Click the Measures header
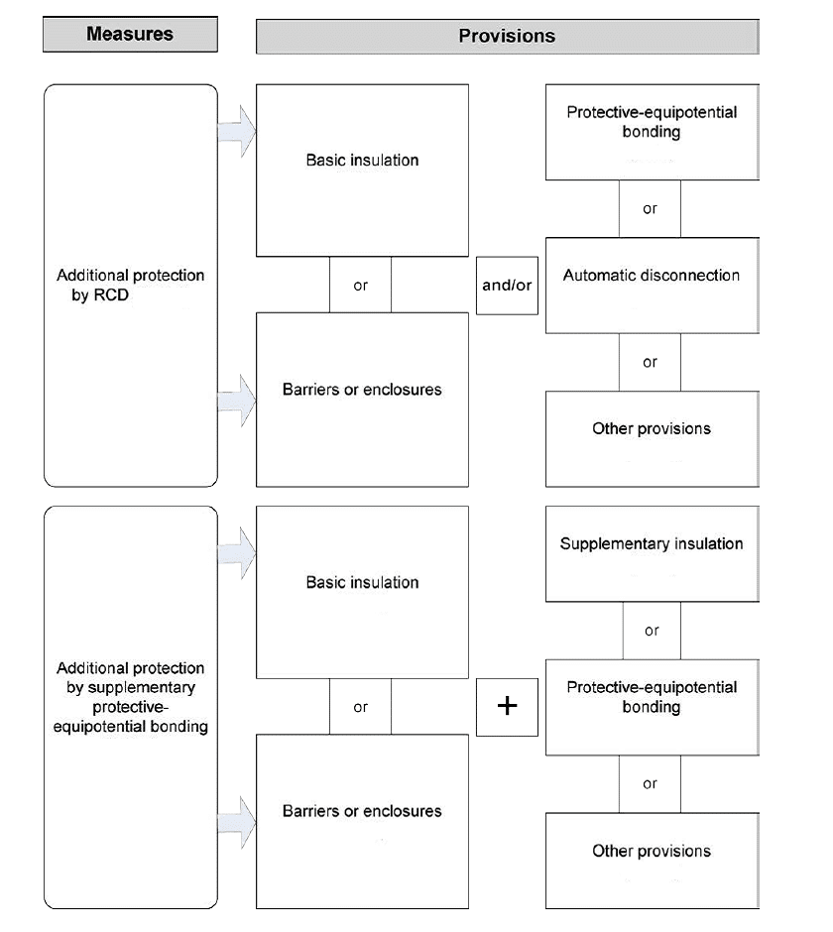[130, 34]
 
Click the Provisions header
[507, 37]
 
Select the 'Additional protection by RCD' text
[130, 285]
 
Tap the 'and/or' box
[507, 286]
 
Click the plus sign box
[507, 707]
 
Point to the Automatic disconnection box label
[652, 276]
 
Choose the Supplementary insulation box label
[652, 543]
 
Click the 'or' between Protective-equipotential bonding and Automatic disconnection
[650, 208]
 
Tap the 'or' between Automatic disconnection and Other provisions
[650, 362]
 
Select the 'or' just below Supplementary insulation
[652, 630]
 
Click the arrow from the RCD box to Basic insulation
[237, 131]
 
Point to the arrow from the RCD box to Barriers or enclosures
[237, 401]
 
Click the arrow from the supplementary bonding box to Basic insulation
[237, 553]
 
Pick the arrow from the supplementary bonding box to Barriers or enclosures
[237, 823]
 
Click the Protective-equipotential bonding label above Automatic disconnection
[652, 122]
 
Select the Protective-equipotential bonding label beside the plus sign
[652, 697]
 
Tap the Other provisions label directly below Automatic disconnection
[652, 428]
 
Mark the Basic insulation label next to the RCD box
[362, 160]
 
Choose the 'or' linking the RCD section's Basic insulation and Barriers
[360, 286]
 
